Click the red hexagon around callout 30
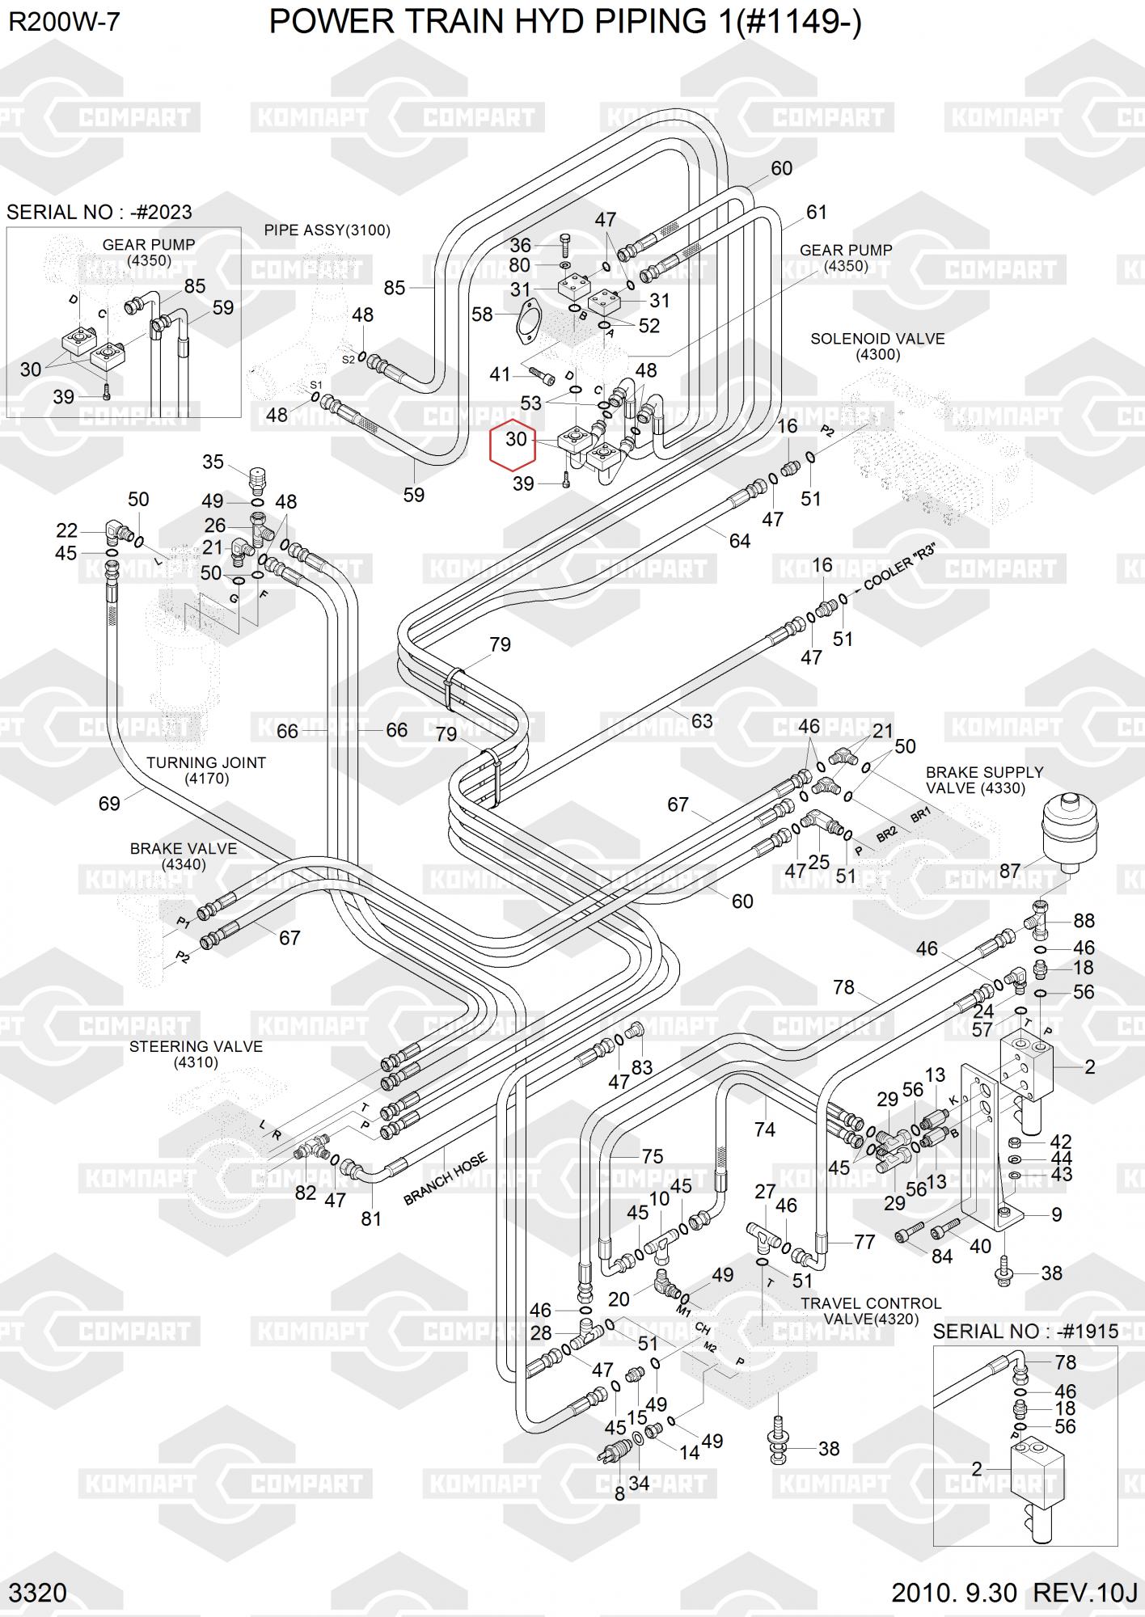[x=513, y=445]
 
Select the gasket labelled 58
[x=526, y=318]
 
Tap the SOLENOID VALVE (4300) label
[x=877, y=346]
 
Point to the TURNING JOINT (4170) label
[x=205, y=770]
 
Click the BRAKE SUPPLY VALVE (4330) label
[x=984, y=780]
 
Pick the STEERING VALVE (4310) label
[x=196, y=1053]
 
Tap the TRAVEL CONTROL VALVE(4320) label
[x=870, y=1311]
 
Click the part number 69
[x=109, y=803]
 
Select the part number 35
[x=213, y=462]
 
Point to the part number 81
[x=371, y=1218]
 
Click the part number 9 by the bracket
[x=1056, y=1214]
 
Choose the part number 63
[x=702, y=720]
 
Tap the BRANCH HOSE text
[x=446, y=1179]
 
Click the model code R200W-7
[x=64, y=22]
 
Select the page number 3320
[x=38, y=1592]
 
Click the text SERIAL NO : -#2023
[x=99, y=212]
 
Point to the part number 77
[x=864, y=1241]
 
